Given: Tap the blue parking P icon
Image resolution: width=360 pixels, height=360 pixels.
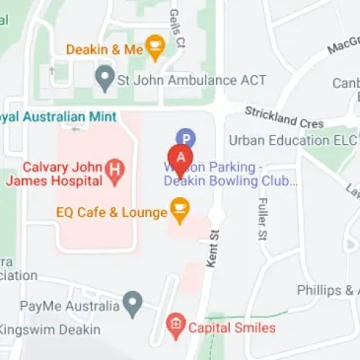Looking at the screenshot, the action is tap(184, 141).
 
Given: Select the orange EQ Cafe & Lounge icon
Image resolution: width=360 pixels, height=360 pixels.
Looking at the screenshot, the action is tap(180, 209).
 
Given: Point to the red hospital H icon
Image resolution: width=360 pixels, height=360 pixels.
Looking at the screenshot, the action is tap(114, 171).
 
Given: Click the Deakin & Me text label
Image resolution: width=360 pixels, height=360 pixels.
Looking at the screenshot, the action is tap(105, 47).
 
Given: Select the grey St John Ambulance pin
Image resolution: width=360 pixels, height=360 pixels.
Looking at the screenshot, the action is tap(104, 77).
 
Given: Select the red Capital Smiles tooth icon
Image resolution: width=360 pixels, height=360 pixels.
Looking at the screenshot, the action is tap(176, 324).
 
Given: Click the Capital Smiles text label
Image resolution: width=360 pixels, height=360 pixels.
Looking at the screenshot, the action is tap(233, 325).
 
